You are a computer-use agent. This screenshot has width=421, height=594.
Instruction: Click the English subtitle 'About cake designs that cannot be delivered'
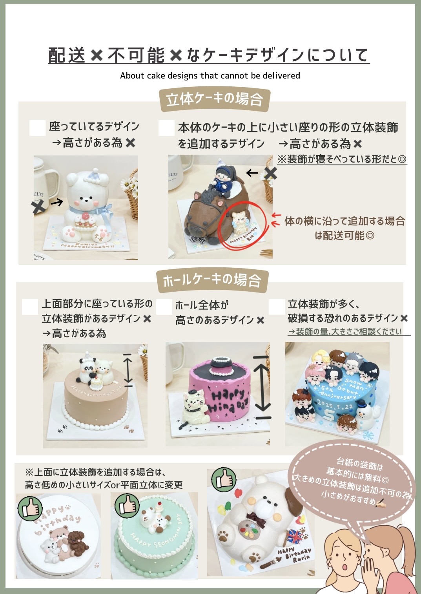(x=210, y=76)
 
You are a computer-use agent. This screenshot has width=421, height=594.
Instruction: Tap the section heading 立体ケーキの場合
(x=214, y=99)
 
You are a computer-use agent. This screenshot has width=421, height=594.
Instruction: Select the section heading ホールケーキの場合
(x=212, y=280)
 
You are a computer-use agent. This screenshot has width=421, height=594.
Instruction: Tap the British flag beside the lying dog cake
(x=295, y=536)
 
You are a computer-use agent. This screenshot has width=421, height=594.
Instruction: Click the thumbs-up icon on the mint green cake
(x=127, y=505)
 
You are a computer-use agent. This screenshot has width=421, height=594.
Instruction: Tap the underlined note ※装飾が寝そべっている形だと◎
(x=342, y=159)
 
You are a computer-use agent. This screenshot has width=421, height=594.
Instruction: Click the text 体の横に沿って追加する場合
(x=344, y=221)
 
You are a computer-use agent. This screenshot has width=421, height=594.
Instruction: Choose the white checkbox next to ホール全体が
(x=164, y=307)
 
